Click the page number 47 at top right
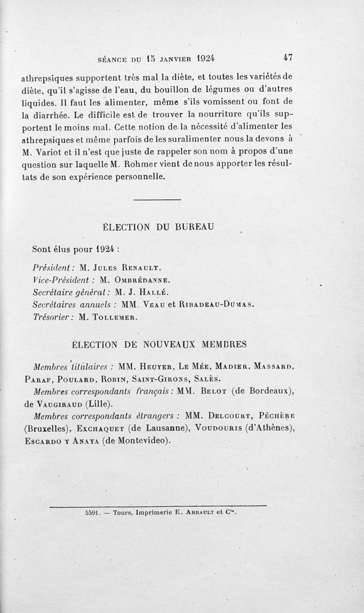pos(288,58)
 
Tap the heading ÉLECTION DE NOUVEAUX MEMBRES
pos(159,344)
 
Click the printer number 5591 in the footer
pos(92,511)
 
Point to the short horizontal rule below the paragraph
pos(158,200)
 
